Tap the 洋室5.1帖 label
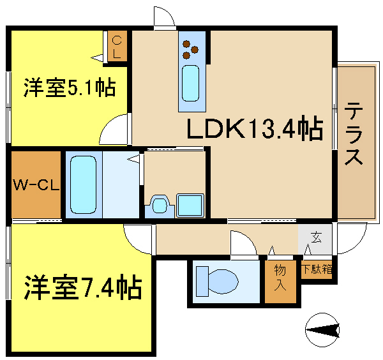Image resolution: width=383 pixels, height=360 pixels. pyautogui.click(x=70, y=87)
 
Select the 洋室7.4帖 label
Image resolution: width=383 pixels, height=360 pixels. pyautogui.click(x=82, y=288)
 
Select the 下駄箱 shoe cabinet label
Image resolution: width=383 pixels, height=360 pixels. pyautogui.click(x=317, y=269)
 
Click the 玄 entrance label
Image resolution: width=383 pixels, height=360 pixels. pyautogui.click(x=316, y=239)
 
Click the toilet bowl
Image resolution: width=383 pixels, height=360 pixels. pyautogui.click(x=216, y=280)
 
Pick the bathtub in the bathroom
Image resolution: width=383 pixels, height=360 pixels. pyautogui.click(x=83, y=185)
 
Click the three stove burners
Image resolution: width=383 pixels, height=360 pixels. pyautogui.click(x=190, y=49)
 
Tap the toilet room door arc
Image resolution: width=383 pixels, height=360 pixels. pyautogui.click(x=243, y=244)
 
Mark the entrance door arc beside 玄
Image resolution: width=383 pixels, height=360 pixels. pyautogui.click(x=343, y=241)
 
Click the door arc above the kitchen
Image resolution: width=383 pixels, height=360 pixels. pyautogui.click(x=163, y=16)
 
